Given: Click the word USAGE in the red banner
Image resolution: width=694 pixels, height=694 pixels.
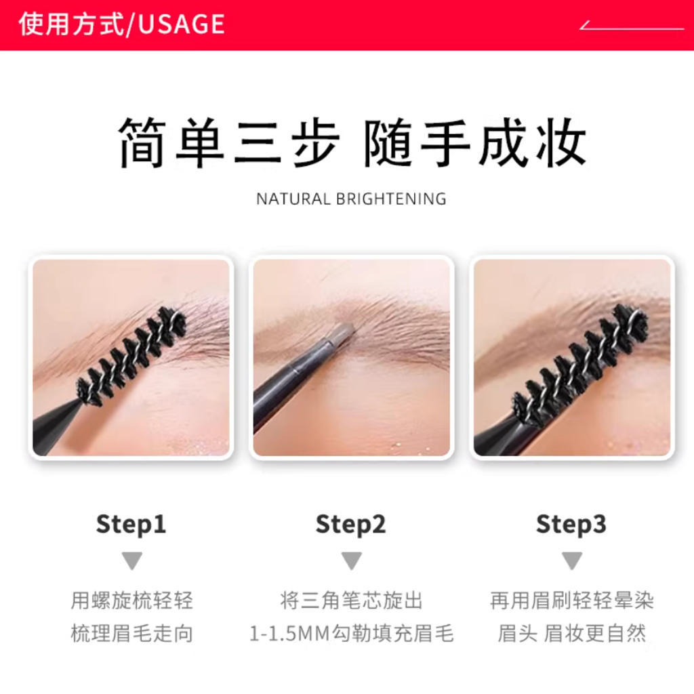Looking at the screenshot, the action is [x=181, y=24].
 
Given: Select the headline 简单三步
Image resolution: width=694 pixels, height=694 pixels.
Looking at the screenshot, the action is [x=229, y=142].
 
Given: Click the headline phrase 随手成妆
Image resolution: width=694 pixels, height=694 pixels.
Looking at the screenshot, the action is [x=475, y=142].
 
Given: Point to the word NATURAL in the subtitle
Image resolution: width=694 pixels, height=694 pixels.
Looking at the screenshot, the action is [x=293, y=199].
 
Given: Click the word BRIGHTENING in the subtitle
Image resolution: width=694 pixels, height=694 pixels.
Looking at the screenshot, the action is [x=391, y=199].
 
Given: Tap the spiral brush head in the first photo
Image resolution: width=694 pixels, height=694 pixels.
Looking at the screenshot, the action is [x=131, y=355].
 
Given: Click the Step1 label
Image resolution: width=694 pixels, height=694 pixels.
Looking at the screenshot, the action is [x=131, y=524].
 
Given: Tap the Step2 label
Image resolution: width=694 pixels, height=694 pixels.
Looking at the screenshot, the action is [x=350, y=524].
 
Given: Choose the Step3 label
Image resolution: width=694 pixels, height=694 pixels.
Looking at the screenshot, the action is [x=571, y=524].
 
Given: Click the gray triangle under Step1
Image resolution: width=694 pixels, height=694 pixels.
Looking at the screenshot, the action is [x=132, y=560].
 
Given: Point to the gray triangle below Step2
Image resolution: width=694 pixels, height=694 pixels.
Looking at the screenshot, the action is [x=352, y=560].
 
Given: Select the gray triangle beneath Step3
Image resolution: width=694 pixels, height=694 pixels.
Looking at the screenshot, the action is [x=572, y=560].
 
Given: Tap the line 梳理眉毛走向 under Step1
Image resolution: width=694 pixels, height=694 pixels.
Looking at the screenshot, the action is [x=132, y=634].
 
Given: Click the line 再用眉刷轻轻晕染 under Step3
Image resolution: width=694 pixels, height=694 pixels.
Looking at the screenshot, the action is [x=572, y=600].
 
